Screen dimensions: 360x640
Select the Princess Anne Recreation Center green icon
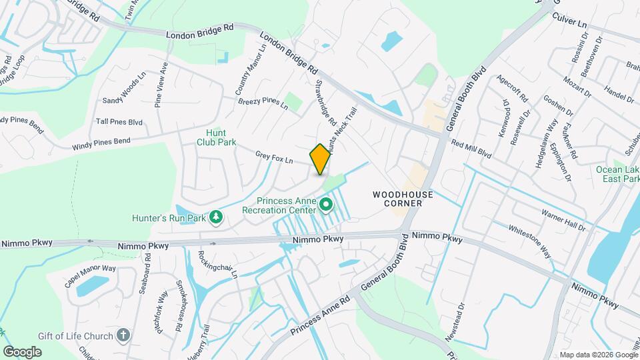coord(326,205)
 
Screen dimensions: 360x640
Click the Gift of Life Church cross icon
coord(123,335)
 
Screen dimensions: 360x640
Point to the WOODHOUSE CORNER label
coord(403,198)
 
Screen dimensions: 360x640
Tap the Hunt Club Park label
coord(217,137)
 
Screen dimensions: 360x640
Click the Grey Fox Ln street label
coord(274,158)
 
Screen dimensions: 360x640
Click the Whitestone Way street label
coord(530,240)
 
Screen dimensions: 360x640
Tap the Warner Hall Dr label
coord(563,222)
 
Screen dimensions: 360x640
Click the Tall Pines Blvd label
coord(119,122)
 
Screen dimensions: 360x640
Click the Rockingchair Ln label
coord(217,265)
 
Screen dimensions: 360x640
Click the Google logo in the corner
coord(22,351)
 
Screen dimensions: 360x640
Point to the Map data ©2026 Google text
coord(598,355)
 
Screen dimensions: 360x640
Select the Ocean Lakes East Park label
coord(617,175)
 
